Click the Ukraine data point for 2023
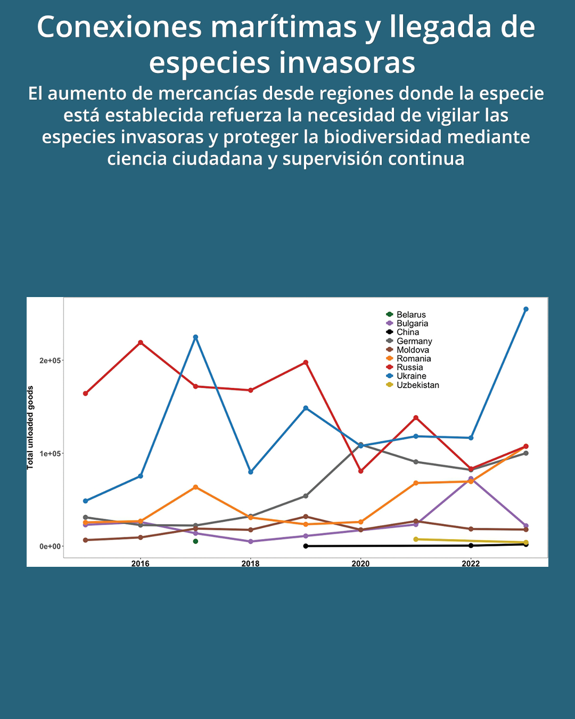click(525, 309)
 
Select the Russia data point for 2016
click(141, 342)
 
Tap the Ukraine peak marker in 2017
click(195, 337)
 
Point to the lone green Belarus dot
click(195, 541)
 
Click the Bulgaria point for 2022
click(471, 479)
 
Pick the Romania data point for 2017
click(195, 487)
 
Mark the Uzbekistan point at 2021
click(416, 540)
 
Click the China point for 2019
click(306, 546)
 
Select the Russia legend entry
click(409, 367)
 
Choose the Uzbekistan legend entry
click(417, 385)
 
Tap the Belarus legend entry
click(410, 315)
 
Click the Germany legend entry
click(414, 341)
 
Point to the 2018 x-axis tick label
click(250, 563)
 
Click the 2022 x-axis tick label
click(471, 563)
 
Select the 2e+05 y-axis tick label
click(51, 361)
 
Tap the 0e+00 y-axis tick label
click(51, 546)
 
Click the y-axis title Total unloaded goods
click(30, 427)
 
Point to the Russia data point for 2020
click(361, 471)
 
